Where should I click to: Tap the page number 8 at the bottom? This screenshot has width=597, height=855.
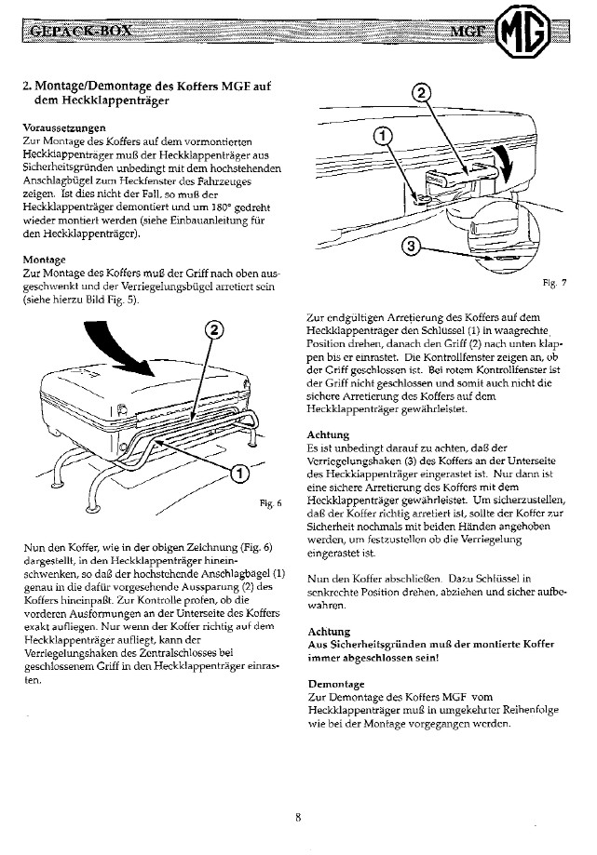point(298,818)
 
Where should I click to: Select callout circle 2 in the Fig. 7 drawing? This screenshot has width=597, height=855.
point(422,93)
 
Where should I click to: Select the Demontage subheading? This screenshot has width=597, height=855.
point(337,682)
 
